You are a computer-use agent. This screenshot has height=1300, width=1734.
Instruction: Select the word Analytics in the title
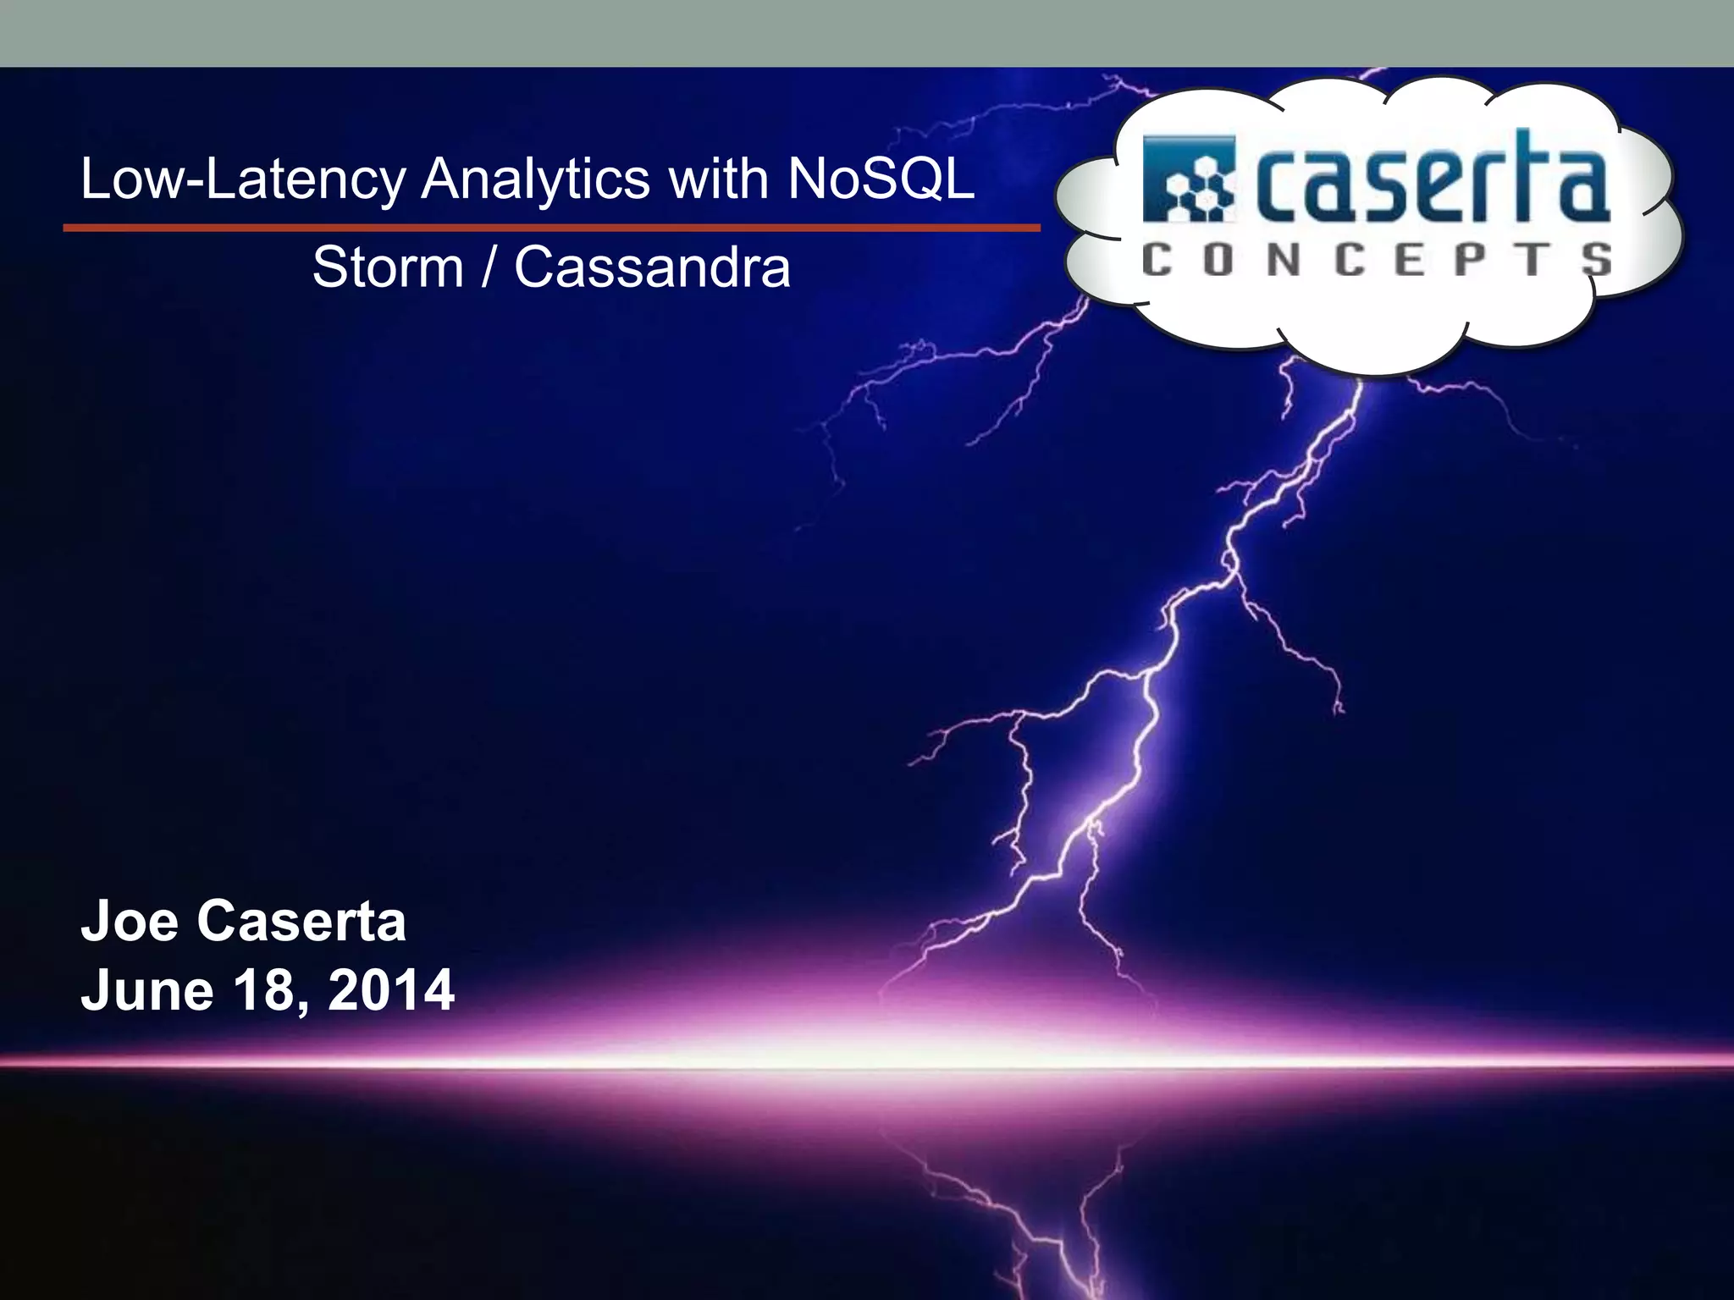click(x=536, y=179)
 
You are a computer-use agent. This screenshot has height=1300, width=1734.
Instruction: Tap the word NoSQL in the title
click(x=881, y=179)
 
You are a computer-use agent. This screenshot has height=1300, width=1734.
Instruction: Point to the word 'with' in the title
click(x=718, y=179)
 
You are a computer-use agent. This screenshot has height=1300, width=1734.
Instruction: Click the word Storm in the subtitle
click(x=388, y=267)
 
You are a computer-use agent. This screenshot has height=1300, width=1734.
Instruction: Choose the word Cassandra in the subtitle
click(x=652, y=267)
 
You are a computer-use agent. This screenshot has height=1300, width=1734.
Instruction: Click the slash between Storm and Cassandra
click(x=489, y=267)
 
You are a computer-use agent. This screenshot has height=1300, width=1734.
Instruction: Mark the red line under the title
click(x=551, y=228)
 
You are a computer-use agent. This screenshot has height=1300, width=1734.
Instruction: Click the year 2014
click(x=391, y=990)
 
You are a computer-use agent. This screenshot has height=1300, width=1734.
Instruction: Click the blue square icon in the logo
click(x=1189, y=179)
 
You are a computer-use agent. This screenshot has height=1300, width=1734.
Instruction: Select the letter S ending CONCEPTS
click(x=1596, y=259)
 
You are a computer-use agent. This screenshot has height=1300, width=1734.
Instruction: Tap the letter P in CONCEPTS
click(x=1471, y=259)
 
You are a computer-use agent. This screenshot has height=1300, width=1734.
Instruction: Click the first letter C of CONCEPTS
click(x=1157, y=259)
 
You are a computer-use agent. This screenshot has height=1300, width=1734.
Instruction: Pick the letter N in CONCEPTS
click(x=1284, y=259)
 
